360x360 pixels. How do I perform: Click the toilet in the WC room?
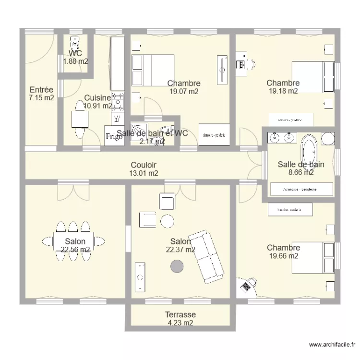[x=74, y=43]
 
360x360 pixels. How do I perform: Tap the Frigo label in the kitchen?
[x=114, y=136]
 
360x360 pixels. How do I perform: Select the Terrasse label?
[x=180, y=315]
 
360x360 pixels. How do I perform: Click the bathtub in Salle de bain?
[x=309, y=150]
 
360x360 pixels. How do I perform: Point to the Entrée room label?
[x=41, y=90]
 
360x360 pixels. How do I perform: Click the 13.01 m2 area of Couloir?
[x=144, y=173]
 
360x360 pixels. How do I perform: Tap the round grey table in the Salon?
[x=177, y=265]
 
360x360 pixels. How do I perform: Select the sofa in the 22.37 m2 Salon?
[x=208, y=257]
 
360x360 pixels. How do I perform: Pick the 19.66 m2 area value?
[x=284, y=256]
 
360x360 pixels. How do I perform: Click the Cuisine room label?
[x=97, y=98]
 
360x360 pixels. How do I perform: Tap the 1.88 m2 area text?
[x=75, y=61]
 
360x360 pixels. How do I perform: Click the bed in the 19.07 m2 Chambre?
[x=152, y=70]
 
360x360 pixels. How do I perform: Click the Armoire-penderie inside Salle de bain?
[x=301, y=189]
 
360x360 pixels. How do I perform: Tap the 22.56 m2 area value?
[x=75, y=250]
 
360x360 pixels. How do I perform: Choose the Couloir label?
[x=144, y=165]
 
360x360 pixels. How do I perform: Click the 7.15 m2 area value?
[x=41, y=98]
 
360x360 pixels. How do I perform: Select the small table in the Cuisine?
[x=79, y=119]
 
